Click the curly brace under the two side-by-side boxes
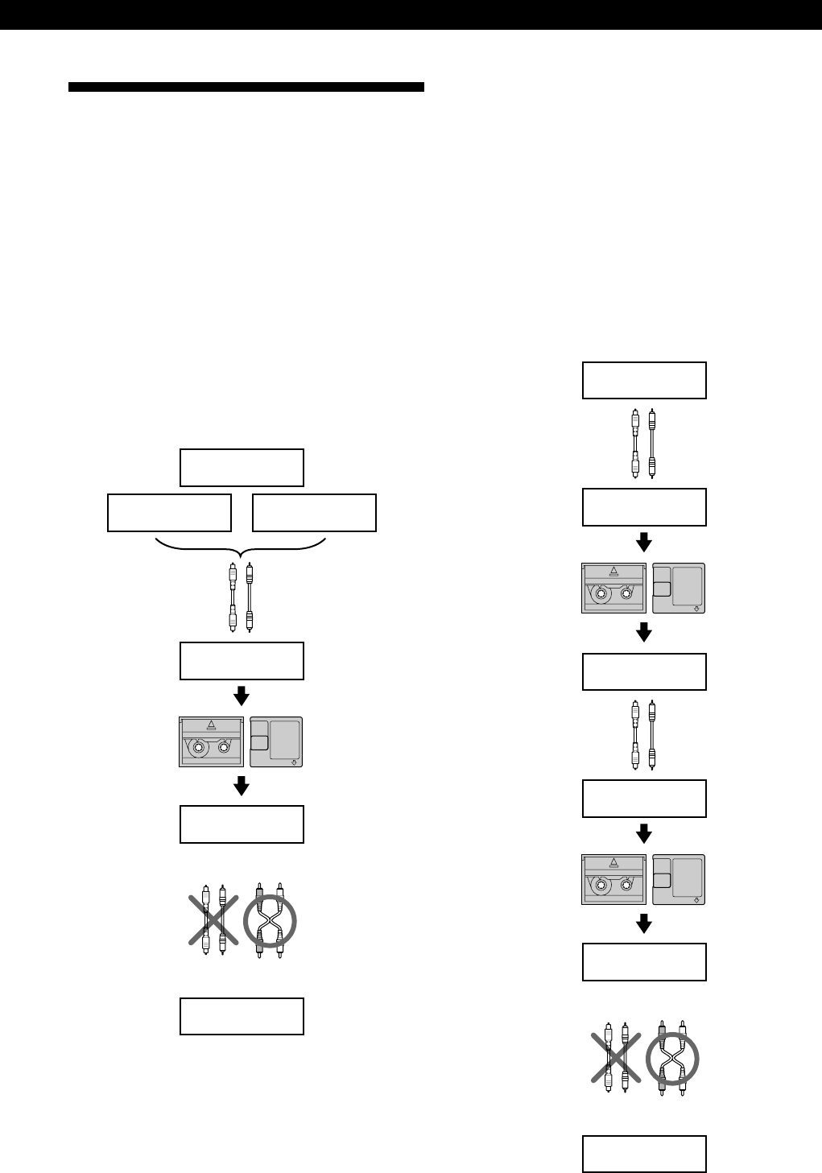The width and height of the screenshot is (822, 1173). (241, 547)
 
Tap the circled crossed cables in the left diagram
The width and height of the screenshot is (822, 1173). (270, 919)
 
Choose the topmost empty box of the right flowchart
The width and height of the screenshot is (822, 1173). (644, 380)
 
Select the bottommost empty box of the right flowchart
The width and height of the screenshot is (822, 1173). (644, 1154)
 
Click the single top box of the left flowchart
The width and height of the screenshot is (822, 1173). (242, 468)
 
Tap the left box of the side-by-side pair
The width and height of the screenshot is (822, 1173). (169, 513)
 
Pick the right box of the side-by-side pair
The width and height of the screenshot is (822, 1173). (314, 513)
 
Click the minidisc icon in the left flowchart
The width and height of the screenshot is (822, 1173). (276, 741)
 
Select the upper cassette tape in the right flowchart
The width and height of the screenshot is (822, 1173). (614, 588)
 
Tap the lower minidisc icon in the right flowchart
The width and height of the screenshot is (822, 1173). (679, 879)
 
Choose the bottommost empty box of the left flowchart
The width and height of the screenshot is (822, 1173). (242, 1016)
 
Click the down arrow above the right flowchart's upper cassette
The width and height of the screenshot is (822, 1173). (643, 541)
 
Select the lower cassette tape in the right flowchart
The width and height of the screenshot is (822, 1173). (614, 879)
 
